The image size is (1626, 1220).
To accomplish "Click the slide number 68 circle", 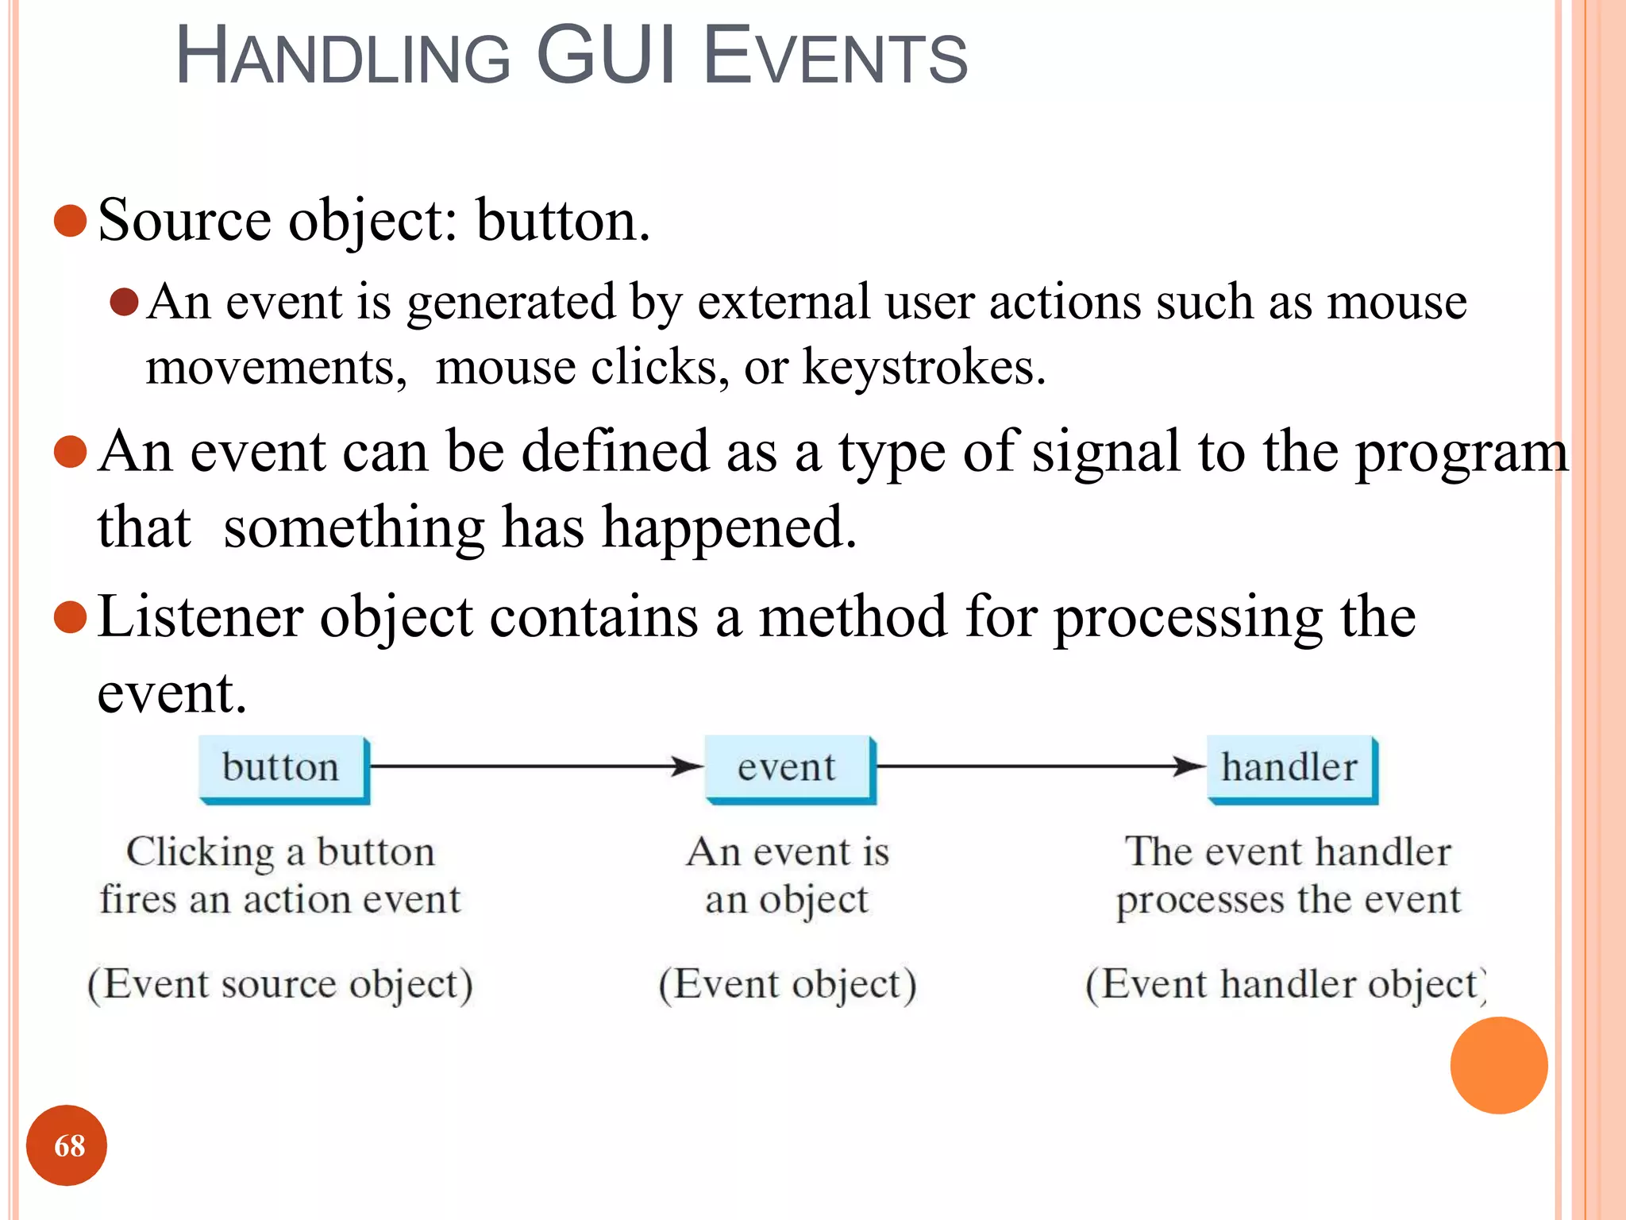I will [67, 1145].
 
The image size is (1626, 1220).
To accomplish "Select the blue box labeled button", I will [283, 768].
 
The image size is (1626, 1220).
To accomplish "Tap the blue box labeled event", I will [789, 768].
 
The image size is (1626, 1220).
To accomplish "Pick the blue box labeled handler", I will [1291, 768].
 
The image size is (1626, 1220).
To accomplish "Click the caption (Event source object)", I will [280, 984].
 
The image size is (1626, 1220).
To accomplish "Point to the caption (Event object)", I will [787, 984].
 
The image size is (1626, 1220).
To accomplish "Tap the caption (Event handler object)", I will [1286, 984].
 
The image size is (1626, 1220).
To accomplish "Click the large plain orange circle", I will [1498, 1065].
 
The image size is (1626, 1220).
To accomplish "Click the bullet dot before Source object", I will [70, 221].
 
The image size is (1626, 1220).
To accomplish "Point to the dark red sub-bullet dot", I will [125, 302].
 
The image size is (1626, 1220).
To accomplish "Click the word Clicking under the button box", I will [201, 853].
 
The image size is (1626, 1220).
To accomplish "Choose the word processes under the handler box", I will [1200, 901].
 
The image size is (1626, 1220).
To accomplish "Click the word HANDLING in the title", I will [342, 57].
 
